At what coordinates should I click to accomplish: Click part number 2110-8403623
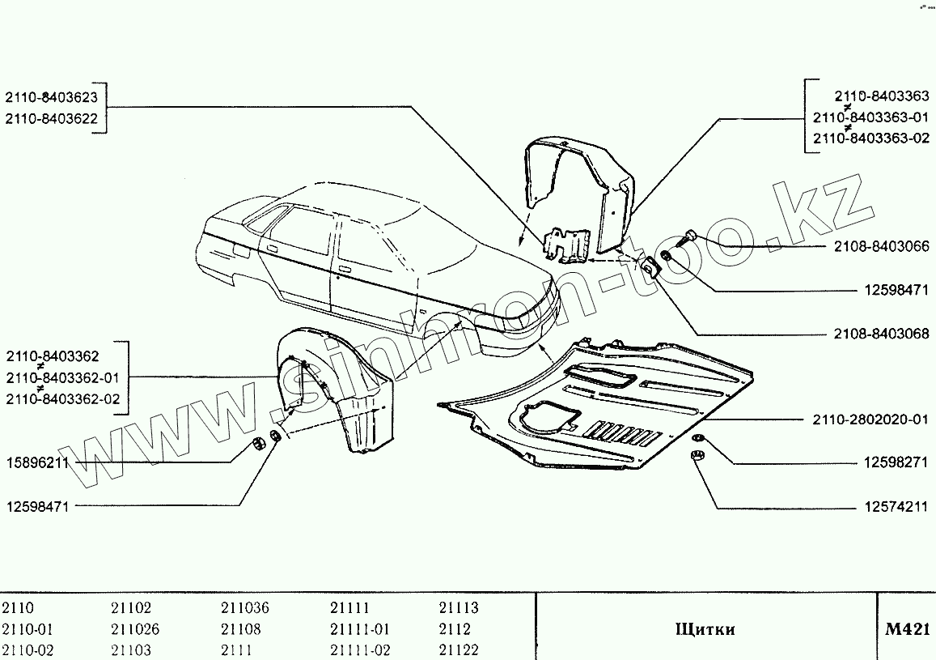tap(51, 97)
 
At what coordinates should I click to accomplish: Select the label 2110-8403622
tap(51, 118)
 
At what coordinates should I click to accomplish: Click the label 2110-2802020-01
tap(870, 421)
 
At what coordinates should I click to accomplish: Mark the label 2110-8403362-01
tap(61, 377)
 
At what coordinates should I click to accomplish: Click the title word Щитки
tap(704, 629)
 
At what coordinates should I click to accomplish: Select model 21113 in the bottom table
tap(459, 608)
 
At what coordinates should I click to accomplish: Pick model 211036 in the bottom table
tap(244, 608)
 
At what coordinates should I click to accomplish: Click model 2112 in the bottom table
tap(454, 629)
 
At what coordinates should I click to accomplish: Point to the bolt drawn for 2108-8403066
tap(691, 236)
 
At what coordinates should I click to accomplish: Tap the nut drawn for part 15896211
tap(260, 443)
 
